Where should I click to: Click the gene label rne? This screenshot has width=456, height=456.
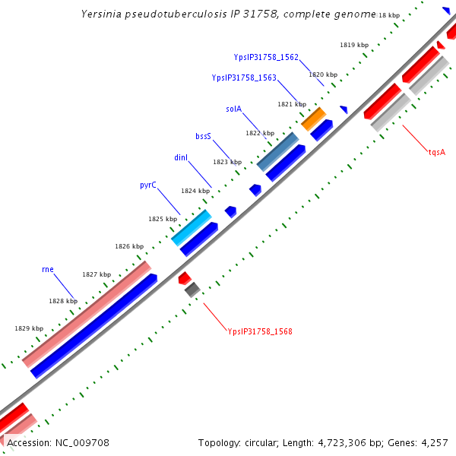pyautogui.click(x=47, y=269)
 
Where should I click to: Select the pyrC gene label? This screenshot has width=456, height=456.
pyautogui.click(x=148, y=185)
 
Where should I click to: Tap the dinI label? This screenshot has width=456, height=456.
pyautogui.click(x=180, y=157)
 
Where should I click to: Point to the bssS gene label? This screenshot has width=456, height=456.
pyautogui.click(x=203, y=136)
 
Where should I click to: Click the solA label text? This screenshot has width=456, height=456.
pyautogui.click(x=233, y=109)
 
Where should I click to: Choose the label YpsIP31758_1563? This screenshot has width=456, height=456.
pyautogui.click(x=243, y=78)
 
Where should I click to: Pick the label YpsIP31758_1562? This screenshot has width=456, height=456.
pyautogui.click(x=266, y=57)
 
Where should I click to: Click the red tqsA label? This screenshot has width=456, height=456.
pyautogui.click(x=436, y=152)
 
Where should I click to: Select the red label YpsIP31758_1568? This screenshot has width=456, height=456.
pyautogui.click(x=260, y=331)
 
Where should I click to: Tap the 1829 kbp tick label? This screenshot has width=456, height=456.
pyautogui.click(x=29, y=328)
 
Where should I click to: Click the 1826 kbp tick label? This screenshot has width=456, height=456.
pyautogui.click(x=129, y=246)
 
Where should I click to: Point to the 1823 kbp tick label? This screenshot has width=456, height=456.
pyautogui.click(x=226, y=162)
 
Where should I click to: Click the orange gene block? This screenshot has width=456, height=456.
pyautogui.click(x=313, y=118)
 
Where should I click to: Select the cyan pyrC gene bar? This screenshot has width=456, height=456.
pyautogui.click(x=191, y=227)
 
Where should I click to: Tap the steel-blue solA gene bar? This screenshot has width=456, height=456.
pyautogui.click(x=277, y=151)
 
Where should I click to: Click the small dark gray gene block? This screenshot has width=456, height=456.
pyautogui.click(x=192, y=289)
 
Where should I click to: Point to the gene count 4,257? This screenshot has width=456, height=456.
pyautogui.click(x=434, y=442)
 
